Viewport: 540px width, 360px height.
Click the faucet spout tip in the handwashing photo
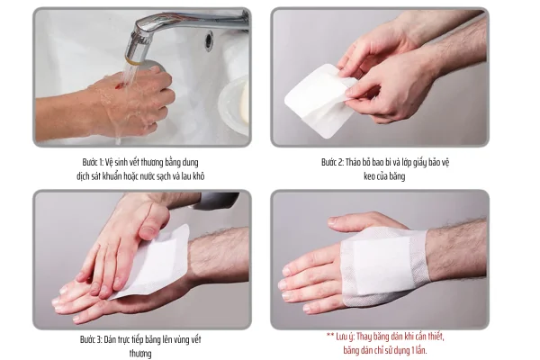tap(132, 60)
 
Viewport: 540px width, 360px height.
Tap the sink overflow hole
tap(209, 40)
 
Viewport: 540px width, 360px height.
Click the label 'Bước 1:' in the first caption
tap(93, 162)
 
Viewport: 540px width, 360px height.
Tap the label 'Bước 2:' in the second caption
tap(333, 162)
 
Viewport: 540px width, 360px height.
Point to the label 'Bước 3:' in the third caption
tap(91, 339)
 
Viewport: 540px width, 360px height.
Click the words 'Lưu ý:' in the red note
tap(345, 337)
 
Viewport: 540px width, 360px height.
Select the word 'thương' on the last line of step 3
tap(140, 354)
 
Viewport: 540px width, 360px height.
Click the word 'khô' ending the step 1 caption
tap(199, 176)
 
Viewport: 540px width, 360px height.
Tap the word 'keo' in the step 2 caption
tap(370, 176)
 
